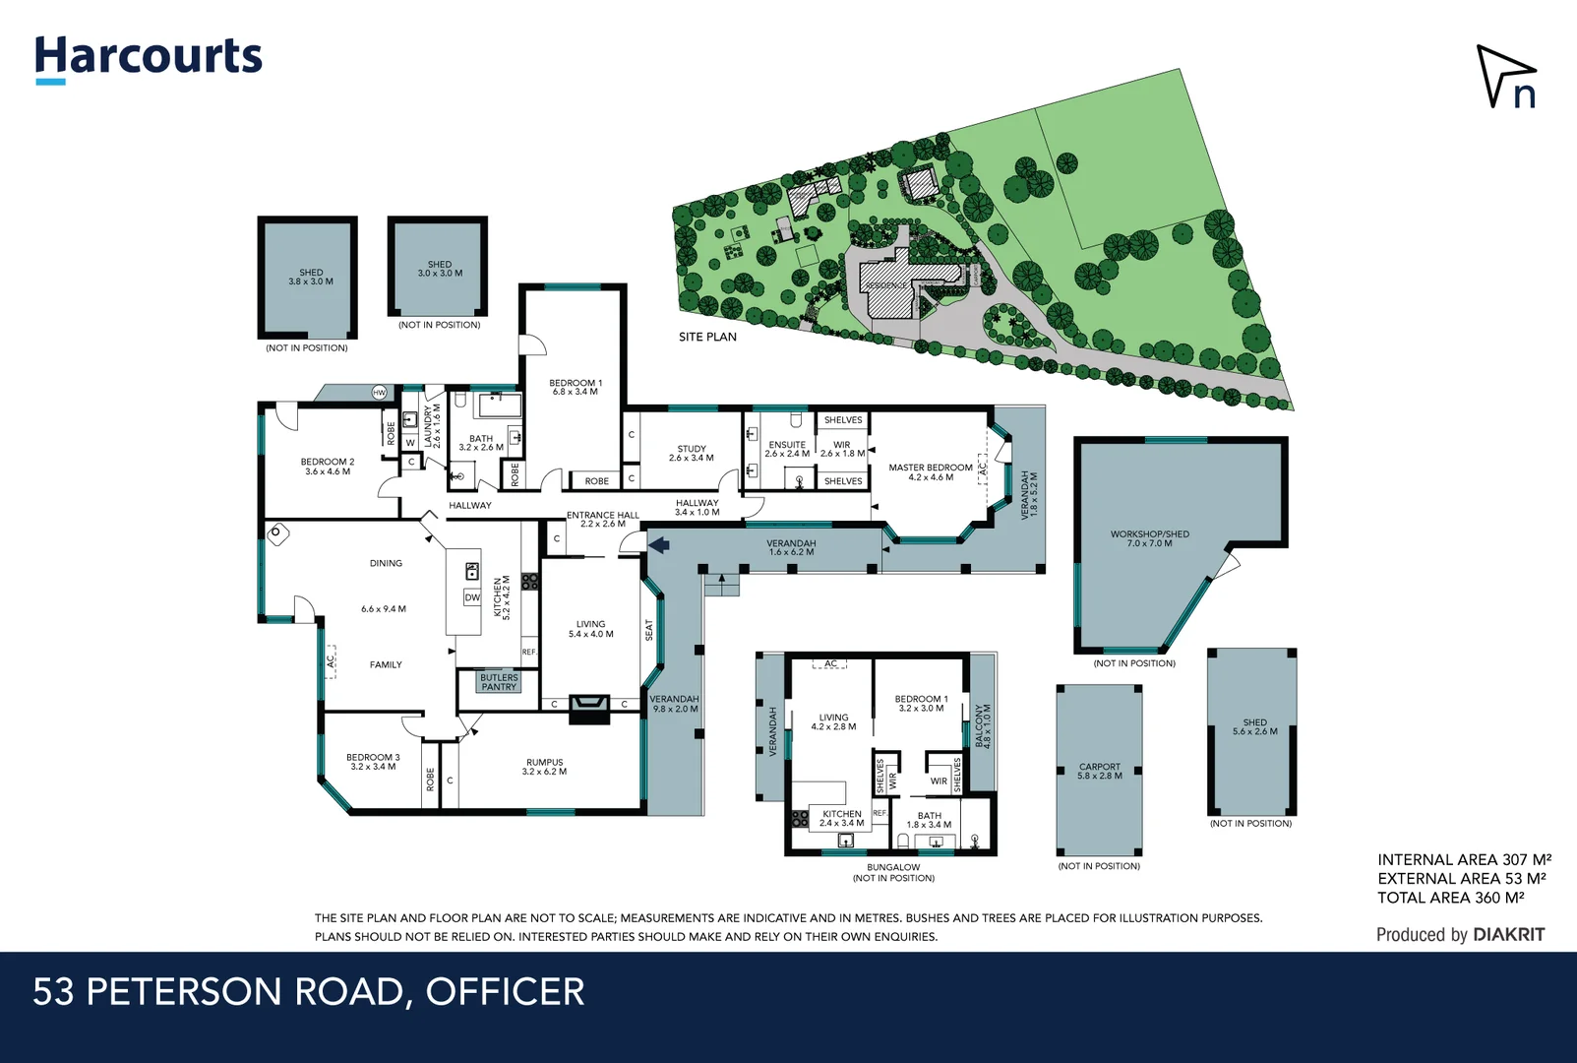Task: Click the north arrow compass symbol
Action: point(1505,76)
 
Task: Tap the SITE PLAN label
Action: point(707,337)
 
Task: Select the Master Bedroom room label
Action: point(930,472)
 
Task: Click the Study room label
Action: point(692,453)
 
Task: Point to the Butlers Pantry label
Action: point(499,682)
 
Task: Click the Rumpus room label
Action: point(544,767)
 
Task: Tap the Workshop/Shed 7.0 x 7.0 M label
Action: point(1149,538)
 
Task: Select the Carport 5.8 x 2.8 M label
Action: point(1099,771)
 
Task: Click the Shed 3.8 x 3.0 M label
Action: point(311,277)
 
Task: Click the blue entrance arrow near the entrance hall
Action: point(659,543)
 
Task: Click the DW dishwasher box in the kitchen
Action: point(472,597)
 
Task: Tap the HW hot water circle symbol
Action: point(380,393)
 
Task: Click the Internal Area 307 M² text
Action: point(1463,859)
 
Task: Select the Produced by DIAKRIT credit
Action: point(1460,934)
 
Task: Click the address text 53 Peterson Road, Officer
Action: point(309,991)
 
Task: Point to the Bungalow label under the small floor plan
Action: point(893,867)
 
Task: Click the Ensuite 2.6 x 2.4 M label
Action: point(787,449)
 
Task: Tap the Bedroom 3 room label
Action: point(373,762)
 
